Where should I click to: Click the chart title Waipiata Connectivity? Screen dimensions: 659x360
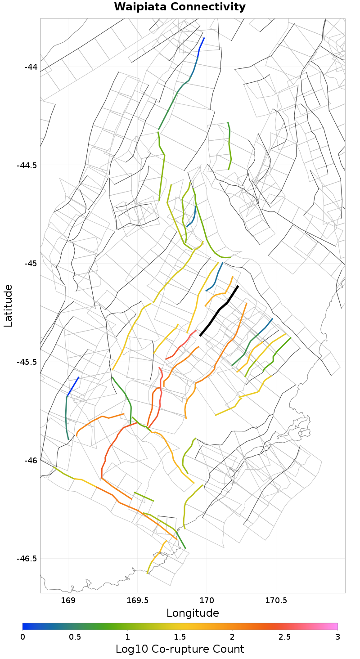click(x=180, y=7)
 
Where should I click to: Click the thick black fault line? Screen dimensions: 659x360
click(x=219, y=310)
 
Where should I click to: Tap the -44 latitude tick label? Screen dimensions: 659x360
click(x=31, y=67)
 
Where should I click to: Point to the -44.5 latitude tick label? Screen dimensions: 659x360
click(x=27, y=165)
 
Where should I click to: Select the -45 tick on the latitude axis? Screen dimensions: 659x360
click(x=31, y=263)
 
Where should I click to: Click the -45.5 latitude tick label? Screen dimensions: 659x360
click(x=27, y=362)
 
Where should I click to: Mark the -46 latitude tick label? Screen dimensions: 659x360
click(x=31, y=460)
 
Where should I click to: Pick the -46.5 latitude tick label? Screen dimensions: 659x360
click(x=27, y=558)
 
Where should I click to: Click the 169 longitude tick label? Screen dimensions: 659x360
click(x=67, y=601)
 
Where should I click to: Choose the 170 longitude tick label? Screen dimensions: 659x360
click(x=207, y=601)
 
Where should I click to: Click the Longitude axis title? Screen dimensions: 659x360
click(x=193, y=613)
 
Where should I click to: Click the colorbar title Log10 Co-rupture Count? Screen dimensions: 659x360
click(x=180, y=649)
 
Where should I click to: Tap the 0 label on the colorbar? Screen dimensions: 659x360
click(x=22, y=637)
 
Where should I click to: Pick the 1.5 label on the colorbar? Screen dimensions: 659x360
click(x=180, y=637)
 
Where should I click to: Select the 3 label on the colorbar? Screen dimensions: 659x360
click(x=337, y=637)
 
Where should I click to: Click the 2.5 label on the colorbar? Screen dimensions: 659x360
click(x=285, y=637)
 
